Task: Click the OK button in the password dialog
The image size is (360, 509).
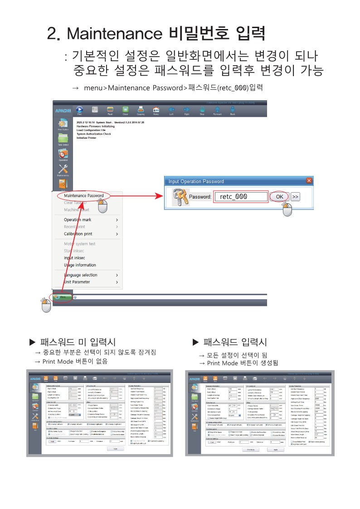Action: [x=279, y=197]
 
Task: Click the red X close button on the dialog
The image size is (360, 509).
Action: [x=309, y=181]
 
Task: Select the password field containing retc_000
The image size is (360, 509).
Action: [x=240, y=197]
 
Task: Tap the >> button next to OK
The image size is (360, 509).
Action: [x=295, y=197]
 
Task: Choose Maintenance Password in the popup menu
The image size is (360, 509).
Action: [x=83, y=195]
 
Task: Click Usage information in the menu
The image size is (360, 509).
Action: [x=80, y=265]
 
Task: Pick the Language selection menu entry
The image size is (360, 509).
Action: [x=80, y=275]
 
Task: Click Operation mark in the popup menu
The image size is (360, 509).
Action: [x=78, y=220]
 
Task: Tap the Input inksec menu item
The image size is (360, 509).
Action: [x=74, y=258]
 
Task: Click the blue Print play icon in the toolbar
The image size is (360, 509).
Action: [x=80, y=110]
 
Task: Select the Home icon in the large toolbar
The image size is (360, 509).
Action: [x=156, y=110]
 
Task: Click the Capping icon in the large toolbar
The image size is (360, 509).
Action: [x=141, y=110]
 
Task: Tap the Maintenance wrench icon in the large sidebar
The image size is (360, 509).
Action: [x=63, y=169]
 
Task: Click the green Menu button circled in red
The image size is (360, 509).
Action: [x=63, y=297]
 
